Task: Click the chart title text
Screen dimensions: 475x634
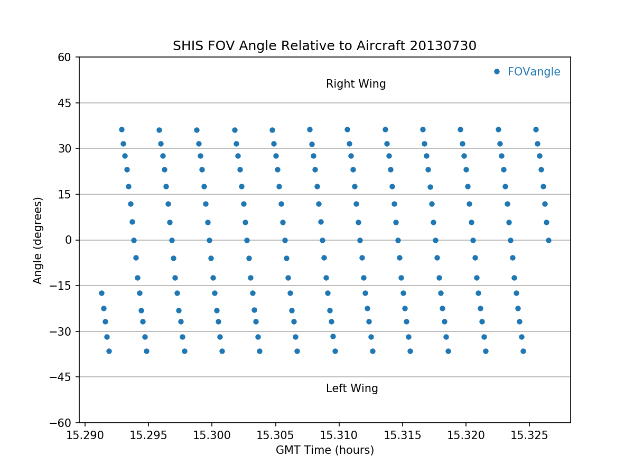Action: pos(324,46)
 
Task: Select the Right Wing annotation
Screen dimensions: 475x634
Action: pos(356,84)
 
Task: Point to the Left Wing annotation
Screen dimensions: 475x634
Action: pos(352,389)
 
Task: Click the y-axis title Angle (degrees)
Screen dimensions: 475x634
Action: pos(38,240)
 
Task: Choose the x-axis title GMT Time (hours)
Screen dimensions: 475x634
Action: pos(324,450)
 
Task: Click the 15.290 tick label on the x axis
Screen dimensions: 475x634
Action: pos(85,435)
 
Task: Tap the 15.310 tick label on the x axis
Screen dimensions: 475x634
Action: pos(339,435)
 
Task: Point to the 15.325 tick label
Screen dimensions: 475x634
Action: pos(529,435)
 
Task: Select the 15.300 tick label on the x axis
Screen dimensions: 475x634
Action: pos(212,435)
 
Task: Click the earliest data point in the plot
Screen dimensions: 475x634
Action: pos(101,293)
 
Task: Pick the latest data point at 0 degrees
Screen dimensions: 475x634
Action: pos(548,240)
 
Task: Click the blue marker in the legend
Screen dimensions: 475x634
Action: pos(497,72)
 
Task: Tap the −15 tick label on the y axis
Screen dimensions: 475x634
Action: pos(62,286)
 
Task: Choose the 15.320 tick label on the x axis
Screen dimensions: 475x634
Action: pos(466,435)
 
